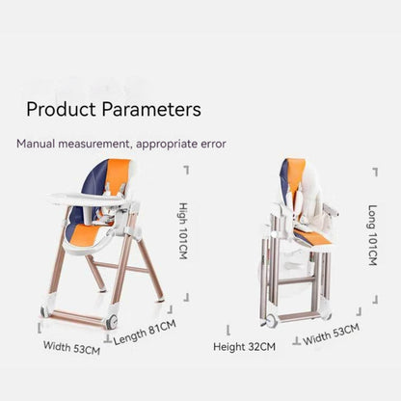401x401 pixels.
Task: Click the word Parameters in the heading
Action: (x=154, y=109)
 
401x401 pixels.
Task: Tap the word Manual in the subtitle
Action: (x=38, y=144)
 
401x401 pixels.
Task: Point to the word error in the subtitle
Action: (x=210, y=144)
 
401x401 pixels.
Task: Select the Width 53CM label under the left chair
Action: (x=71, y=347)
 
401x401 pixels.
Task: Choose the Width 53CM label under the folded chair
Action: (x=331, y=334)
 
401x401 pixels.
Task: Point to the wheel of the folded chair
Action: (x=272, y=320)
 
